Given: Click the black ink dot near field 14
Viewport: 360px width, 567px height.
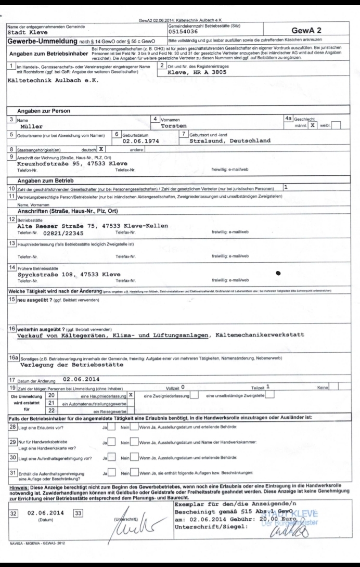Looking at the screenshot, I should click(x=279, y=272).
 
